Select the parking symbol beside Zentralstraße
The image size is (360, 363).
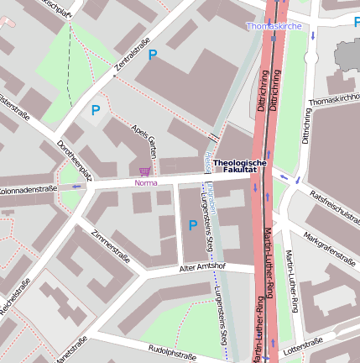152,55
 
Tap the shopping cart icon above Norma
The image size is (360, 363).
145,171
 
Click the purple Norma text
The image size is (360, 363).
145,182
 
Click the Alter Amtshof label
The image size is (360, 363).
202,266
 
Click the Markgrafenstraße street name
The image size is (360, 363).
330,247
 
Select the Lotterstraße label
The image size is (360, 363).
303,345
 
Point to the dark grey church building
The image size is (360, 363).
347,55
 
